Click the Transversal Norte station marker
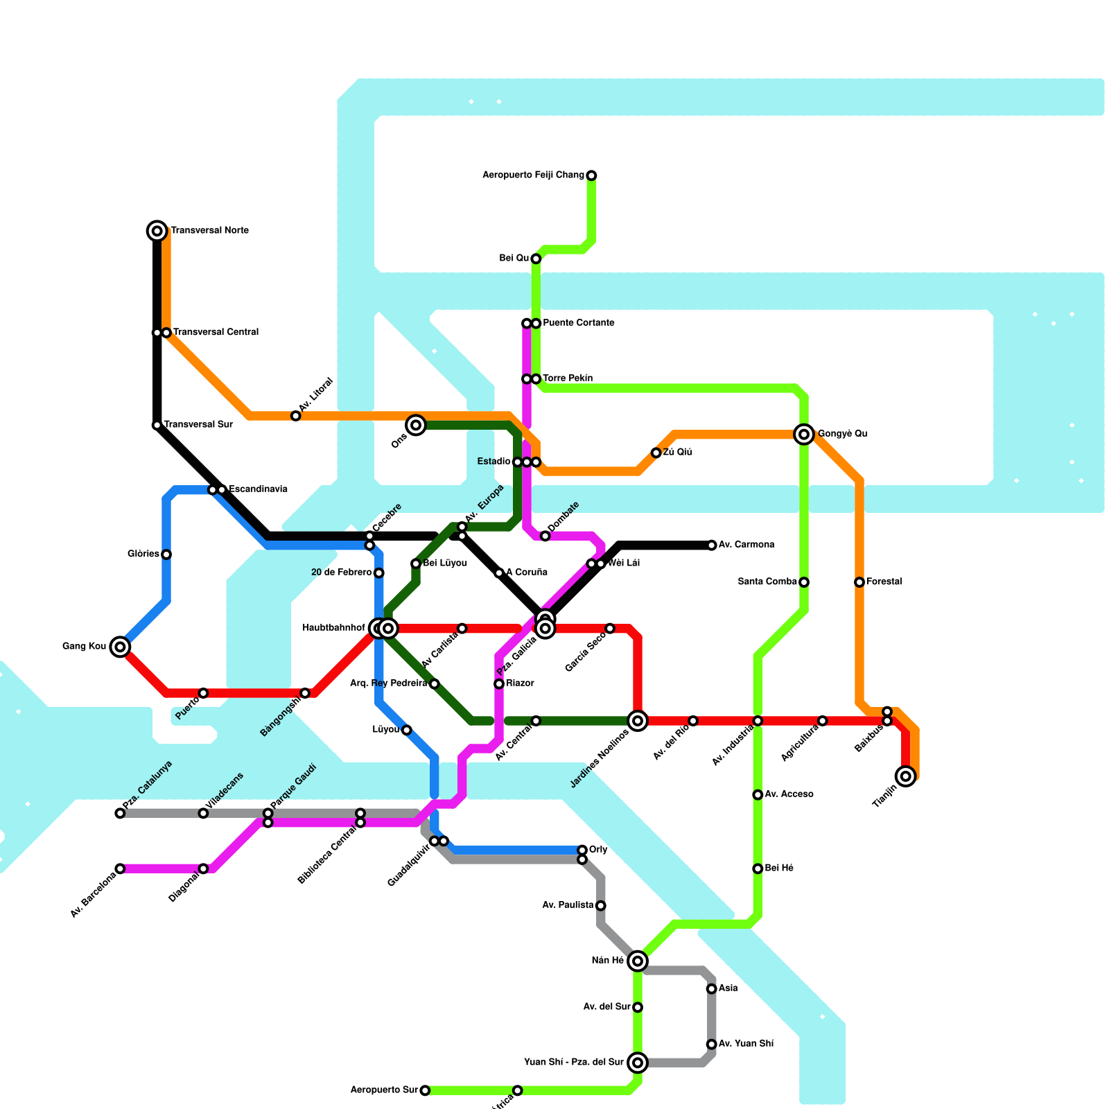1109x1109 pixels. pyautogui.click(x=157, y=231)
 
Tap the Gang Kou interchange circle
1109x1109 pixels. pyautogui.click(x=120, y=647)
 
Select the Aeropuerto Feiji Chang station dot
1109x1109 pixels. pyautogui.click(x=591, y=175)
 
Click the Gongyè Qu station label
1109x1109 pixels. pyautogui.click(x=842, y=434)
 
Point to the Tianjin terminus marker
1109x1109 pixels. pyautogui.click(x=905, y=776)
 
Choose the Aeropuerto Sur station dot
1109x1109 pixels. pyautogui.click(x=425, y=1090)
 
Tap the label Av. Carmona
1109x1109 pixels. pyautogui.click(x=746, y=545)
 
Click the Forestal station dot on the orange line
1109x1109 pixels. pyautogui.click(x=859, y=582)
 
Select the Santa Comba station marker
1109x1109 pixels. pyautogui.click(x=804, y=582)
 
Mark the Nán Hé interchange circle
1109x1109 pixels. pyautogui.click(x=638, y=961)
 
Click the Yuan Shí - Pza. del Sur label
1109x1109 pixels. pyautogui.click(x=574, y=1062)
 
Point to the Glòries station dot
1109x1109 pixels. pyautogui.click(x=166, y=554)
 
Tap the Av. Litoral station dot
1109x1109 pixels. pyautogui.click(x=296, y=416)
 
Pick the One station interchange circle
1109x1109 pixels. pyautogui.click(x=416, y=425)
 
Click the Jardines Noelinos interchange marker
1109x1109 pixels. pyautogui.click(x=638, y=721)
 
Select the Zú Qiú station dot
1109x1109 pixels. pyautogui.click(x=656, y=453)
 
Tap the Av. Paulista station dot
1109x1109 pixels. pyautogui.click(x=601, y=905)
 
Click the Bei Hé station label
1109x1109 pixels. pyautogui.click(x=779, y=868)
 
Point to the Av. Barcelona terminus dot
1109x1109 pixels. pyautogui.click(x=120, y=868)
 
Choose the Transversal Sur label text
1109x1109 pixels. pyautogui.click(x=198, y=425)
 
